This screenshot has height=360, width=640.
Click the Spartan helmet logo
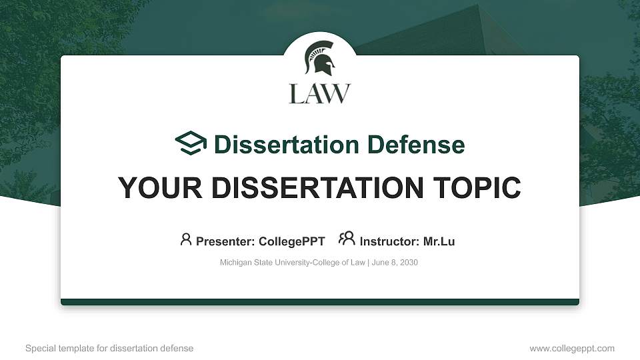[x=319, y=58]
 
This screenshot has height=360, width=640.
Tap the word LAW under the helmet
[x=319, y=93]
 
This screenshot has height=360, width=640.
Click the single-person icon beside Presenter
[x=186, y=239]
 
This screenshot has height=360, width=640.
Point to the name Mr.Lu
[x=439, y=241]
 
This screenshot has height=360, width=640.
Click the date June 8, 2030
[x=395, y=263]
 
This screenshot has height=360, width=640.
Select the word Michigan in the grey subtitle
[x=235, y=263]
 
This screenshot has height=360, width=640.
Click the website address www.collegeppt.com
[x=572, y=348]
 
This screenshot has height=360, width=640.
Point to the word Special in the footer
[x=39, y=348]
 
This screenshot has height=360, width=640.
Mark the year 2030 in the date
[x=408, y=263]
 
